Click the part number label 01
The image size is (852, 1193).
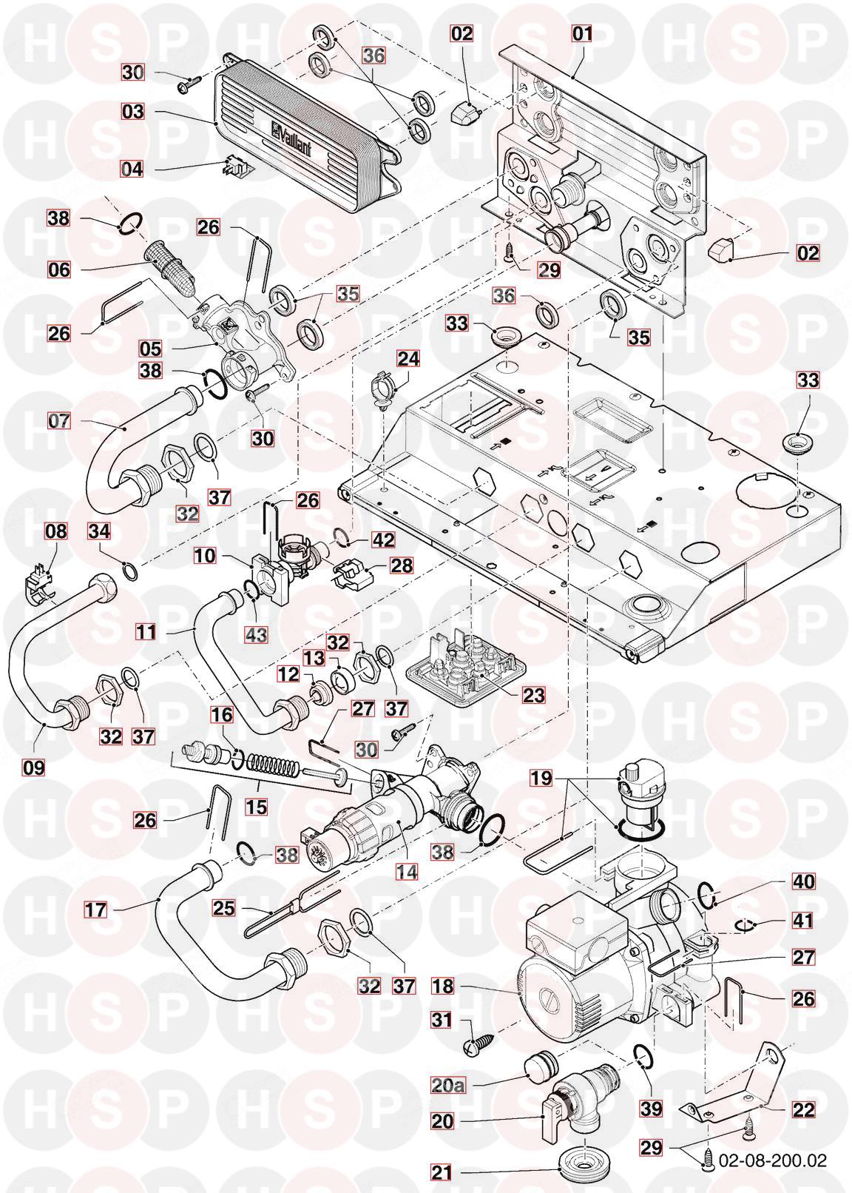click(x=584, y=33)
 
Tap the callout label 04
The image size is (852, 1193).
click(x=132, y=168)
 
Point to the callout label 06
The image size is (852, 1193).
click(x=59, y=269)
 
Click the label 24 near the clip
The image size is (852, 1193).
click(x=408, y=359)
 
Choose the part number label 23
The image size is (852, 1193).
click(x=534, y=695)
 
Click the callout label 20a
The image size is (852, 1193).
click(x=449, y=1085)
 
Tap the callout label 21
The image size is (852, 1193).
click(x=442, y=1172)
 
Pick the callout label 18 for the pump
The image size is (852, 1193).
click(x=443, y=987)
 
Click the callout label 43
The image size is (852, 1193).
click(x=257, y=634)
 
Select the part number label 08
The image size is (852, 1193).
click(x=56, y=531)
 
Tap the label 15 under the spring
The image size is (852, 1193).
click(x=257, y=806)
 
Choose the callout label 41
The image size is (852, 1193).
click(x=803, y=921)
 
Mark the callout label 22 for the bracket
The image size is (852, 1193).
click(x=804, y=1109)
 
